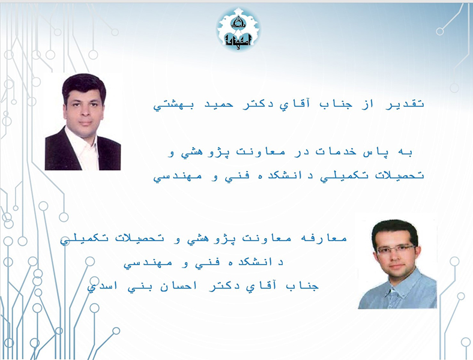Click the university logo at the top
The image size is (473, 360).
[x=238, y=29]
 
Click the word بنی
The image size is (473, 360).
[x=136, y=287]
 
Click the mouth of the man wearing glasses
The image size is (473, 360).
[x=397, y=266]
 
